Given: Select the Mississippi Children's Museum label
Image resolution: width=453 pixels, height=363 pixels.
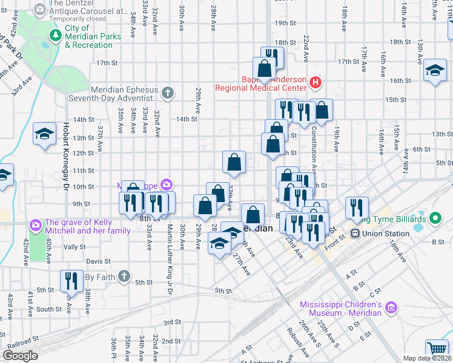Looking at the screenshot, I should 342,308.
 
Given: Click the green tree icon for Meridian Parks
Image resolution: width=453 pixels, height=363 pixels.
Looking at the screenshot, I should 56,36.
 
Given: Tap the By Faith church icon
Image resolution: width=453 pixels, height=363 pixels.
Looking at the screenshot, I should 124,276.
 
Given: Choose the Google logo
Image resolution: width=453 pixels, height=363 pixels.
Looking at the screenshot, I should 20,356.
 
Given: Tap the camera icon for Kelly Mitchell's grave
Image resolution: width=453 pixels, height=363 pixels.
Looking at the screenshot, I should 36,226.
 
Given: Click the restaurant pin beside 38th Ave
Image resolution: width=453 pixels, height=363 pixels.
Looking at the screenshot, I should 71,280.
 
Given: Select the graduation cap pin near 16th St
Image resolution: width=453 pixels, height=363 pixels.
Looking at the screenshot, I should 435,70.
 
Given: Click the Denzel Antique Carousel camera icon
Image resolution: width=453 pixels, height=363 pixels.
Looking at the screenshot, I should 40,10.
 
